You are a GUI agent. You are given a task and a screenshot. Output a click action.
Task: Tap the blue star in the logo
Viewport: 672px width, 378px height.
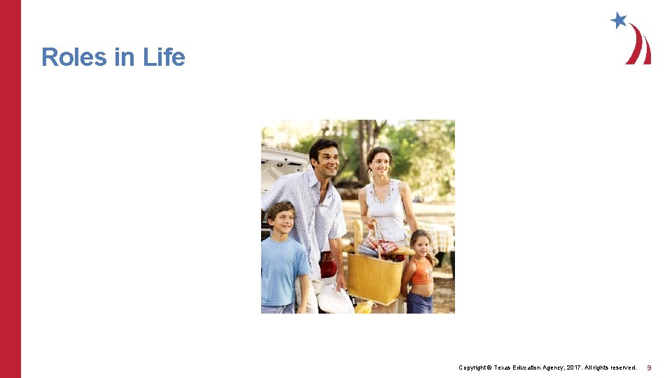pos(618,20)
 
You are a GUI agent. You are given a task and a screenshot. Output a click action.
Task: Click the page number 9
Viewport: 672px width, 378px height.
pos(649,367)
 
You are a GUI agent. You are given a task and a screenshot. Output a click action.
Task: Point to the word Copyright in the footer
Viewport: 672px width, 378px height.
pos(472,367)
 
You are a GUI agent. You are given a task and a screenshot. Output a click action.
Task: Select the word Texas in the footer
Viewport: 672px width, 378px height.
pos(506,367)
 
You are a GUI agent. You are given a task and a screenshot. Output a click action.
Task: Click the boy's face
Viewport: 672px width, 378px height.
pos(281,219)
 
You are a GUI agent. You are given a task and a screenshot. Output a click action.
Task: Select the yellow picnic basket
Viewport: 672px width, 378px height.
pos(374,278)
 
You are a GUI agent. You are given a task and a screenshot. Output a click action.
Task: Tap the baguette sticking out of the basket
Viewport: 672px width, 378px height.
pos(358,234)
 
